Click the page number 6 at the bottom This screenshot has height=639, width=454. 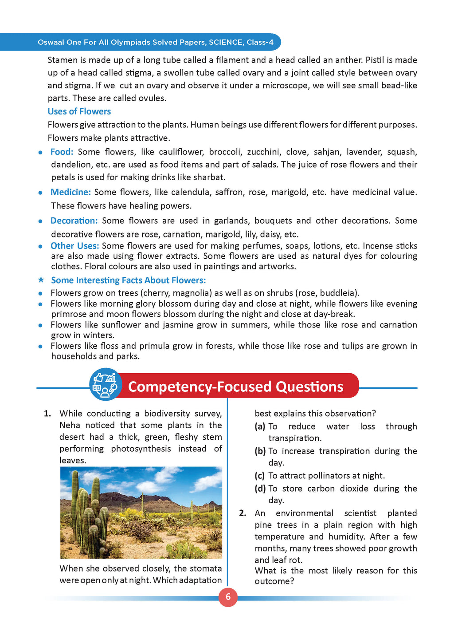point(228,597)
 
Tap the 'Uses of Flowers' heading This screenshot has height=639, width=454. point(79,111)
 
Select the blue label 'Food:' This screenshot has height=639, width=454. point(62,152)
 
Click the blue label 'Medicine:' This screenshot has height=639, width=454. point(70,192)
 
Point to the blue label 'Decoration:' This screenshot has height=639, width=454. point(74,221)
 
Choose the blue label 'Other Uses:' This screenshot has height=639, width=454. point(74,246)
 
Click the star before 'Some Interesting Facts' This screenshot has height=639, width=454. point(41,280)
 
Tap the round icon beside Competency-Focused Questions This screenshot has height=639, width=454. point(105,385)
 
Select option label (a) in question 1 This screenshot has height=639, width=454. point(260,426)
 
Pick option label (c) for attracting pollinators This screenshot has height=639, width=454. point(260,476)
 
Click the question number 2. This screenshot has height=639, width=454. point(243,513)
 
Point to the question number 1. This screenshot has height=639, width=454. point(47,414)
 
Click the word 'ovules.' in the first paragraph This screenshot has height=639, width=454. point(152,98)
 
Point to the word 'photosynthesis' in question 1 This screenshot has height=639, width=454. point(141,449)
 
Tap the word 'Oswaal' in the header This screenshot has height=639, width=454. point(51,42)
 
